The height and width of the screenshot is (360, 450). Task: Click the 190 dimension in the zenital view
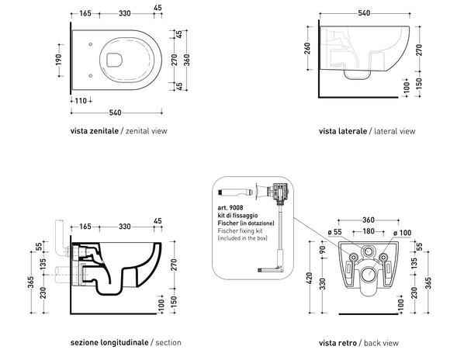click(58, 60)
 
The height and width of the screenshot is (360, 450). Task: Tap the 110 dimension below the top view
click(81, 101)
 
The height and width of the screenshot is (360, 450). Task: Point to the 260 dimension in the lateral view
click(307, 48)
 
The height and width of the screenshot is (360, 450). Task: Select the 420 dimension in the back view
click(309, 278)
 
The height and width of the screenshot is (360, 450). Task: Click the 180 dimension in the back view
click(369, 231)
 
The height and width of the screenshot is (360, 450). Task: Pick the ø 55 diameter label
click(334, 232)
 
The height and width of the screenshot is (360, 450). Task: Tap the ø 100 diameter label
click(402, 233)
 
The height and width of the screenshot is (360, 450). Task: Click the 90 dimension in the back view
click(323, 250)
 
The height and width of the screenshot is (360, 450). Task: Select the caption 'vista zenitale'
click(95, 131)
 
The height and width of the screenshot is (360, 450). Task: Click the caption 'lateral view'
click(395, 131)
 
